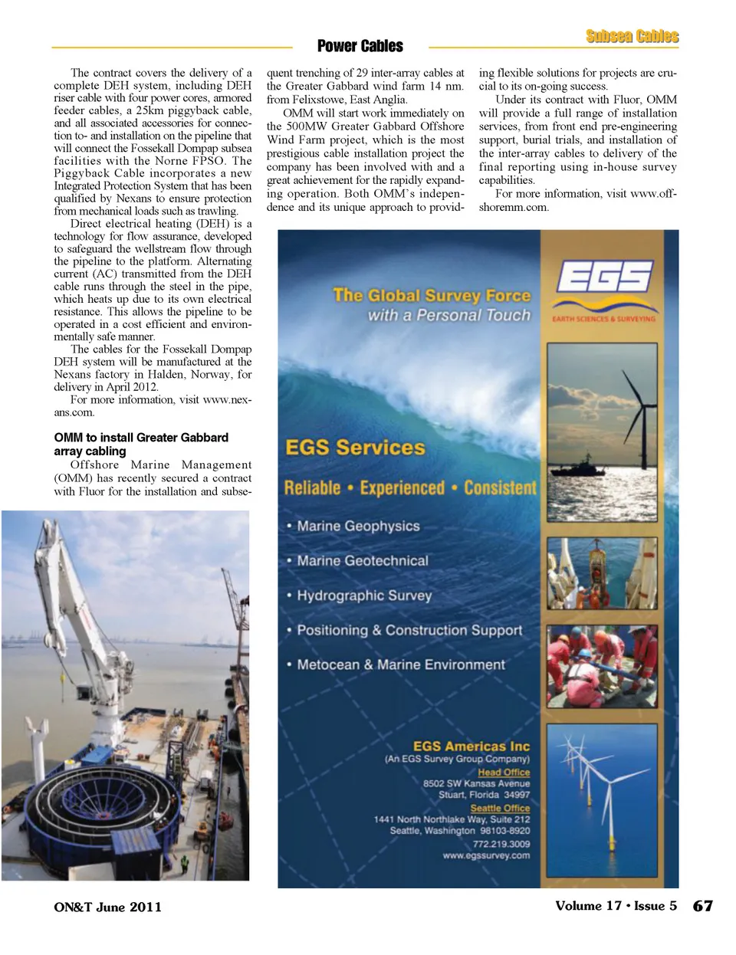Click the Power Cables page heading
[x=360, y=46]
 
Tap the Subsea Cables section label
[x=632, y=36]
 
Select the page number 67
[x=702, y=906]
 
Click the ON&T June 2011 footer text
[x=107, y=907]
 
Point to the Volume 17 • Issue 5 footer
[x=616, y=905]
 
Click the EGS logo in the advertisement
[x=604, y=277]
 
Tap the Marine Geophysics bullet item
[x=358, y=526]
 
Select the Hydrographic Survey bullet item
[x=364, y=596]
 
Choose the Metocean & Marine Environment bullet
[x=400, y=665]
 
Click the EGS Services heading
[x=354, y=448]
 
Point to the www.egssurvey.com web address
[x=486, y=855]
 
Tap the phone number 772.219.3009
[x=501, y=843]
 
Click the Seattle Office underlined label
[x=500, y=808]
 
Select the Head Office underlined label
[x=504, y=772]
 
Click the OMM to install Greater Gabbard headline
[x=141, y=444]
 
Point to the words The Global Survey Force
[x=431, y=295]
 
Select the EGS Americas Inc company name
[x=471, y=746]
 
